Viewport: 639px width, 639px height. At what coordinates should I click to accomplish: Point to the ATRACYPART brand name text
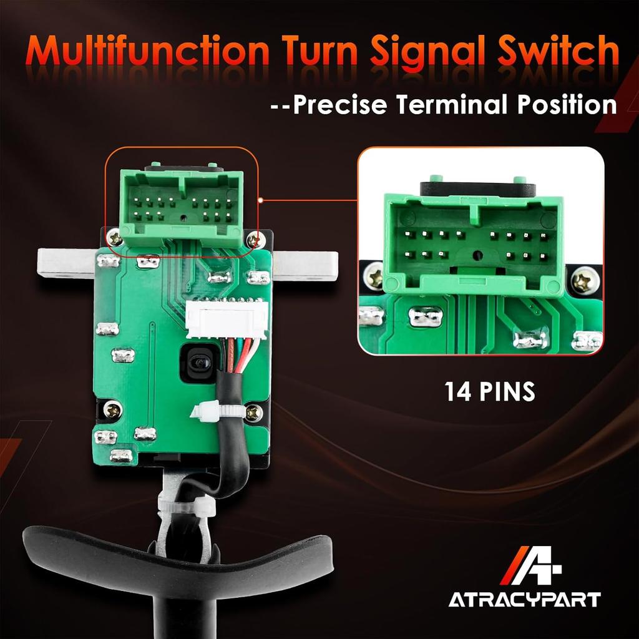524,600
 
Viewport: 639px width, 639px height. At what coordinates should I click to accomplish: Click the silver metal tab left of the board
66,263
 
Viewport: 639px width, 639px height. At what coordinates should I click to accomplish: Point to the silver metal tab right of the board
306,263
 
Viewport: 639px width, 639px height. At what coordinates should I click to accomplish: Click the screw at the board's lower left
112,409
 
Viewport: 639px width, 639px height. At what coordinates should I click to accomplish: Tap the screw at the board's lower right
253,411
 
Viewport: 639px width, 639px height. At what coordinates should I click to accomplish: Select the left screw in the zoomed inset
375,275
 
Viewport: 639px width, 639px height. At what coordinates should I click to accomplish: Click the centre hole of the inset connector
477,255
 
